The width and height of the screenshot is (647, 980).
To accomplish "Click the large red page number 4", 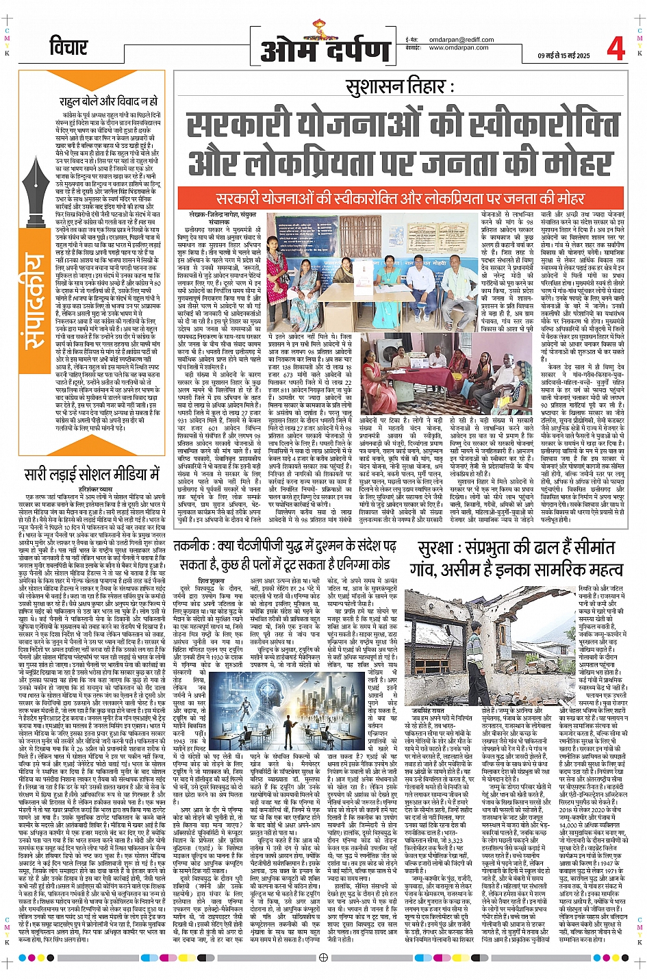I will tap(616, 48).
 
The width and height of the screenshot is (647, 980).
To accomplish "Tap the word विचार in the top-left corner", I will tap(69, 47).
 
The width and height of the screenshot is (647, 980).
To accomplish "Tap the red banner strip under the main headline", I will tap(401, 198).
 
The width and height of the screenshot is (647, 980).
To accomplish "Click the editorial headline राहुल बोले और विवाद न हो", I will tap(107, 101).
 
